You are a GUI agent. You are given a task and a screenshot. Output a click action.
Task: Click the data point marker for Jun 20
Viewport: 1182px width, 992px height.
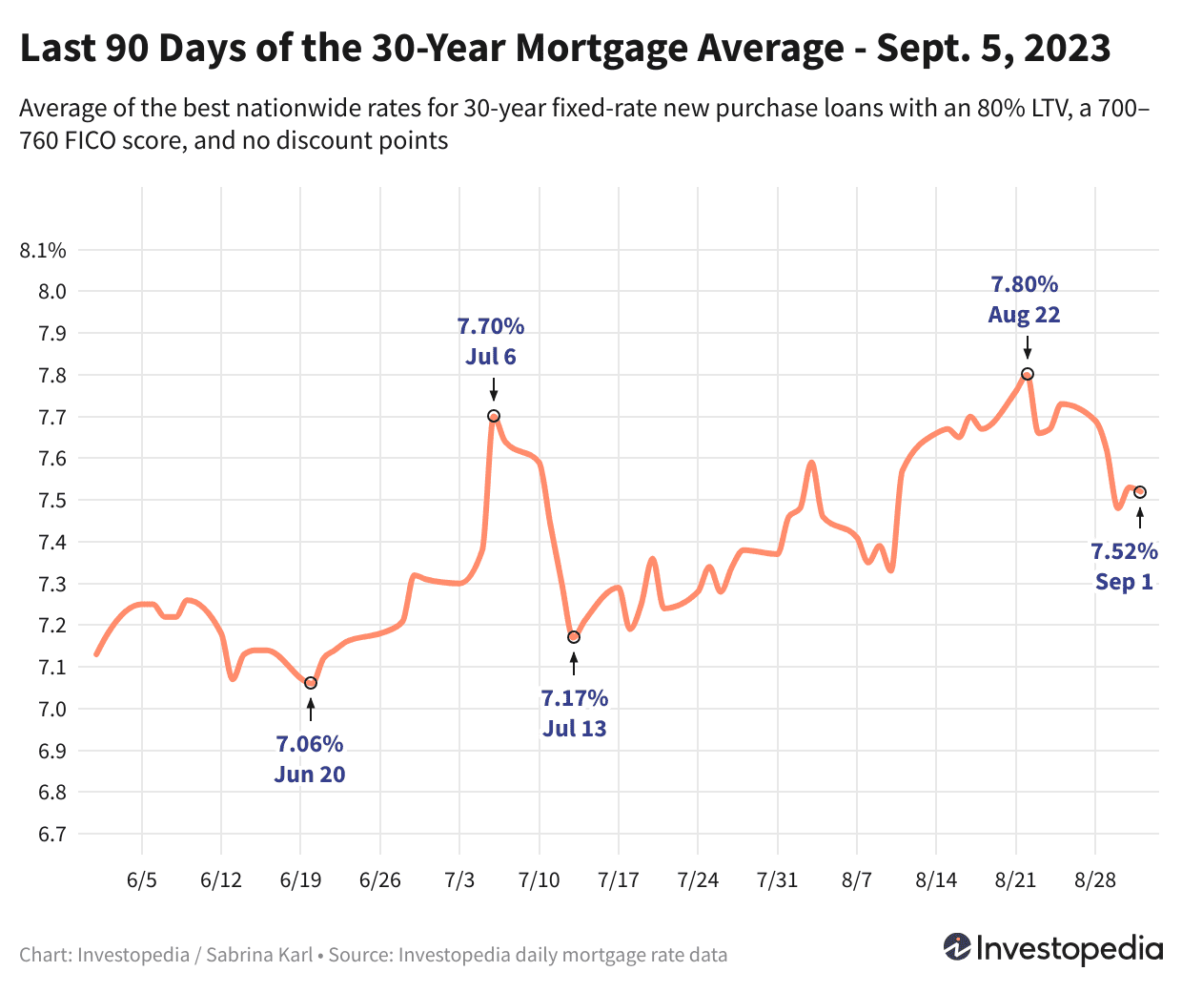(x=310, y=683)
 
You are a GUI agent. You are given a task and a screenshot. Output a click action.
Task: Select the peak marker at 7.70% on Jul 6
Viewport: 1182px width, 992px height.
(x=494, y=416)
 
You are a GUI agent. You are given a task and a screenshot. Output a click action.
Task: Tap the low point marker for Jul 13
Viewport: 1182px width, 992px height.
(x=574, y=637)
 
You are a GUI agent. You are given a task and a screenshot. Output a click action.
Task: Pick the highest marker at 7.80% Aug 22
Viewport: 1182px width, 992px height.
(x=1028, y=374)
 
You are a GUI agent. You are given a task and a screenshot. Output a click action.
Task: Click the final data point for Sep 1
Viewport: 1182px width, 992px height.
(x=1140, y=492)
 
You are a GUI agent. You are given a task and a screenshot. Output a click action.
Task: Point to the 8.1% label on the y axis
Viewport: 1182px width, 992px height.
(x=43, y=251)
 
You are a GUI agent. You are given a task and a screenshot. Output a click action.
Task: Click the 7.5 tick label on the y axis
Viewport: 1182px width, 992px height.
(x=52, y=501)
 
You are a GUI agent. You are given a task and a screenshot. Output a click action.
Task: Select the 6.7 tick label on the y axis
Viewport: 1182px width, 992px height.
(x=52, y=835)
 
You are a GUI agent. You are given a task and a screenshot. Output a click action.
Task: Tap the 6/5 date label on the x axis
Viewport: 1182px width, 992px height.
(x=141, y=879)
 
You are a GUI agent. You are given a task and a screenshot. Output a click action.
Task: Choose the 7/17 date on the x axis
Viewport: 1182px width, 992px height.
(x=619, y=879)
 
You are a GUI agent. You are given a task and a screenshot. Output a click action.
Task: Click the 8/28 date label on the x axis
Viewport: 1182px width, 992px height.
(x=1095, y=879)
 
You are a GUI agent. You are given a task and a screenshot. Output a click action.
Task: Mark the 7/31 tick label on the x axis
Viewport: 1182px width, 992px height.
(x=777, y=879)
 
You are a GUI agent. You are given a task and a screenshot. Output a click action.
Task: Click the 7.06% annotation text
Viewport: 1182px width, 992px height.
(x=310, y=744)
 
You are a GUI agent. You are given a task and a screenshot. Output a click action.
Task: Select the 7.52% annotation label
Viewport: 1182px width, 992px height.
(x=1124, y=551)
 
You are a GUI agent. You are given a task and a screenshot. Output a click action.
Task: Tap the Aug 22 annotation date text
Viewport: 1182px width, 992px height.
(x=1024, y=315)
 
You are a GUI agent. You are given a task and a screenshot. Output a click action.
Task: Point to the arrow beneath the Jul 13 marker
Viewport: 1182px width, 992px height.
(x=574, y=664)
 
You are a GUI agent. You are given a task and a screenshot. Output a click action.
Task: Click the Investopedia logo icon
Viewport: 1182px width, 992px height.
(x=956, y=947)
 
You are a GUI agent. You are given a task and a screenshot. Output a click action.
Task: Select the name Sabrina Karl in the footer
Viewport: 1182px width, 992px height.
(x=259, y=955)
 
